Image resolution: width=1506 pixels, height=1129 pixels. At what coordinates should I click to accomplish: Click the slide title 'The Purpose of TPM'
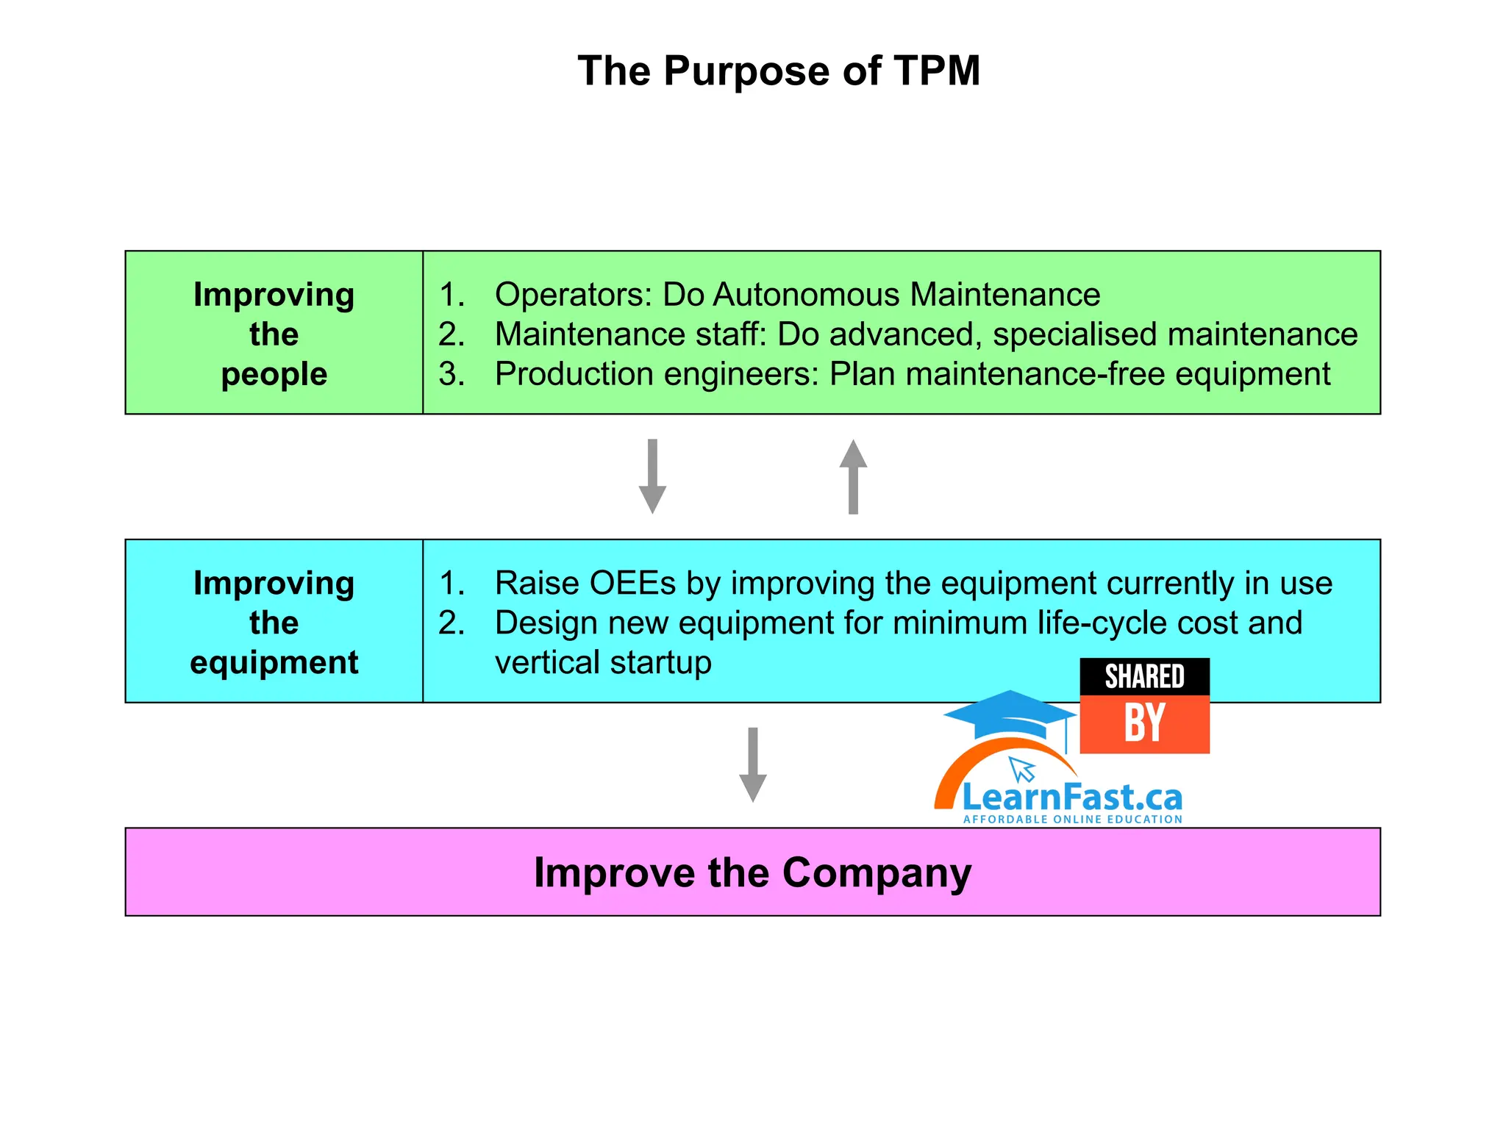coord(779,71)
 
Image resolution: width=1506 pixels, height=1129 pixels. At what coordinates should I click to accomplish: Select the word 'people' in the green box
coord(274,375)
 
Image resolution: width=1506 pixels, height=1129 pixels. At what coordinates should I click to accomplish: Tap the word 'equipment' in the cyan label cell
coord(274,663)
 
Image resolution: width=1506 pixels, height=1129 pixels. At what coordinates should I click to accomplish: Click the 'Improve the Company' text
coord(752,872)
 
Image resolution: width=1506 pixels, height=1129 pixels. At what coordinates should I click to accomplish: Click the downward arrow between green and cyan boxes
coord(652,476)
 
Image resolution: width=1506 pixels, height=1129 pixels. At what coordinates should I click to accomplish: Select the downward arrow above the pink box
coord(752,764)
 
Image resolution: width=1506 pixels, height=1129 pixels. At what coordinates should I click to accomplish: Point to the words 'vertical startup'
coord(603,663)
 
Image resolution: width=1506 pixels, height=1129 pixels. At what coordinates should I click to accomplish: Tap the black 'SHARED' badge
coord(1144,676)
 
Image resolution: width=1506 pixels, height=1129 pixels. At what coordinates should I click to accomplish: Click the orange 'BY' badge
coord(1144,724)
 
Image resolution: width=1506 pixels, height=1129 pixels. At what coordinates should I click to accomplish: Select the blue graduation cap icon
coord(1009,715)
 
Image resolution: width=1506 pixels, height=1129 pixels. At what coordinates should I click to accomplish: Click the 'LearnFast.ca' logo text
coord(1072,798)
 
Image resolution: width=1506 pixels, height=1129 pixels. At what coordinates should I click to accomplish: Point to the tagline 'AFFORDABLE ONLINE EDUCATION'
coord(1072,820)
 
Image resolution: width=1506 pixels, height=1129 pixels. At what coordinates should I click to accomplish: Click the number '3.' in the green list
coord(452,374)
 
